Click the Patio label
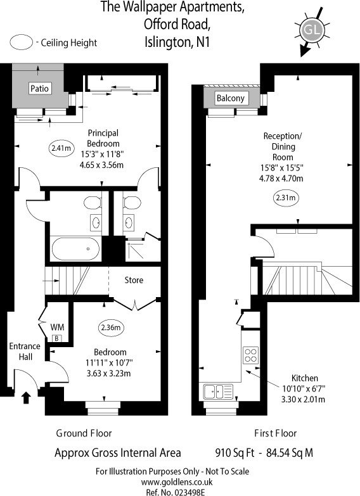pos(39,89)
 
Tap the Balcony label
pos(231,98)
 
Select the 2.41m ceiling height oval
pos(61,148)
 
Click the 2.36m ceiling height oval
pos(112,327)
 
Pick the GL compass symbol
pos(311,29)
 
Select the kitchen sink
pos(218,391)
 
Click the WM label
pos(57,326)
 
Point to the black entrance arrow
pos(26,398)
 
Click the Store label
pos(134,280)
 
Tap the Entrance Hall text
pos(25,351)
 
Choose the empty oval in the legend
pos(23,42)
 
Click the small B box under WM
pos(56,338)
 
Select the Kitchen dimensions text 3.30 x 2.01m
pos(304,399)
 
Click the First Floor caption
pos(276,433)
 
